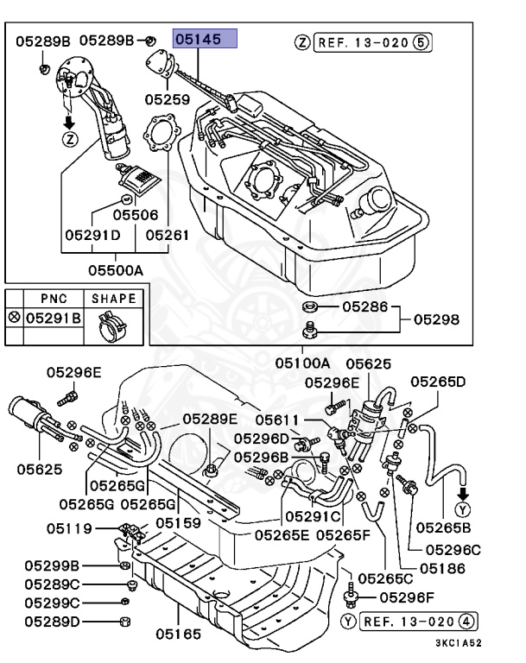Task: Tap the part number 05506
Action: coord(136,213)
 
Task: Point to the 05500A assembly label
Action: coord(114,269)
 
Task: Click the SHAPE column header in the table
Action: coord(114,299)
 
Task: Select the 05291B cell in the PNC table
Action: coord(53,319)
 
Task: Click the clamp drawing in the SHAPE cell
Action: coord(113,325)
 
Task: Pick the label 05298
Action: coord(436,319)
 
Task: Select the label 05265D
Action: coord(437,382)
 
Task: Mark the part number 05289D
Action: coord(52,621)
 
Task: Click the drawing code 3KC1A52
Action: coord(458,642)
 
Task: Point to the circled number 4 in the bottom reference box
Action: coord(467,620)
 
